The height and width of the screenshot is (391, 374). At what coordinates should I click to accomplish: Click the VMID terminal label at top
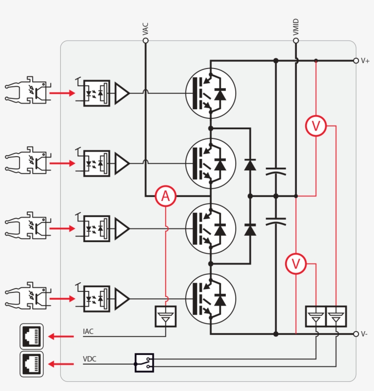point(296,28)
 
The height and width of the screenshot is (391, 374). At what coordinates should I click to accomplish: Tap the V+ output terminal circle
point(356,60)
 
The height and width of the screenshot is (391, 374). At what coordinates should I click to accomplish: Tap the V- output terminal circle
point(356,334)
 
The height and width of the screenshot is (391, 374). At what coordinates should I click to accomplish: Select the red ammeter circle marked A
point(165,196)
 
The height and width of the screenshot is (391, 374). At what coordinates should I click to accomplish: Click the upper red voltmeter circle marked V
point(316,126)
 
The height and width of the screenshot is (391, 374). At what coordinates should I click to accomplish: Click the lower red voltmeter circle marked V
point(296,264)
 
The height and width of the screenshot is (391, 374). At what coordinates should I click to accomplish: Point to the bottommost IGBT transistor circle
point(210,299)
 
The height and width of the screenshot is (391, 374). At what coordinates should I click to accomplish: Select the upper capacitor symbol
point(275,171)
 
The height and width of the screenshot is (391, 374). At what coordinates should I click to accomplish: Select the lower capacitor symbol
point(275,222)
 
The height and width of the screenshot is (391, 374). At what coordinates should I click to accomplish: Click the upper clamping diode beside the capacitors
point(250,164)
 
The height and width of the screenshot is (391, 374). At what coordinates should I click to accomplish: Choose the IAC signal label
point(88,331)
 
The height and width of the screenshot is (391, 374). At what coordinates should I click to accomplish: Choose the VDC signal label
point(90,359)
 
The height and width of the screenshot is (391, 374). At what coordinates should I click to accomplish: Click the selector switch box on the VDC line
point(144,363)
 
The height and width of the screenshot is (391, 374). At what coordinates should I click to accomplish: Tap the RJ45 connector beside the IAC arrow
point(31,336)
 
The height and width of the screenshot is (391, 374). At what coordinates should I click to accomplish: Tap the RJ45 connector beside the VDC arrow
point(31,364)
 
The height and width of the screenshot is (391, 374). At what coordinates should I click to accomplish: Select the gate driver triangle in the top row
point(122,93)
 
